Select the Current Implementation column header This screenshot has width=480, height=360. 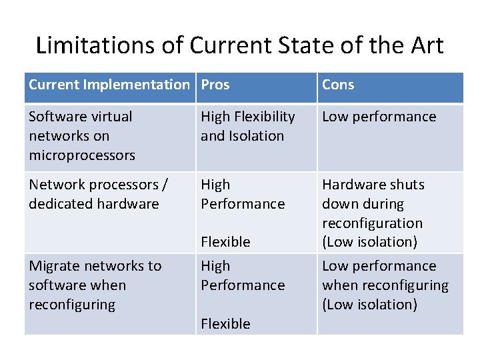click(109, 85)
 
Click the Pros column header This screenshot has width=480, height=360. click(215, 85)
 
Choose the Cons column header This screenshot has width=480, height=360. click(338, 85)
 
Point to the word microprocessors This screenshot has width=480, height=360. click(82, 155)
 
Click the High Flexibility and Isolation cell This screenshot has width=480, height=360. click(248, 126)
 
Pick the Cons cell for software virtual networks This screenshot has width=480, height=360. click(379, 117)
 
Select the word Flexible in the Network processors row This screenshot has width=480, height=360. click(225, 242)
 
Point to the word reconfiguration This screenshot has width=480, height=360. click(372, 223)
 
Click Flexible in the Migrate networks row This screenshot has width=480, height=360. click(225, 324)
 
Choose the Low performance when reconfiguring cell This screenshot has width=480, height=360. click(385, 285)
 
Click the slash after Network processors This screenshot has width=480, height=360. click(165, 185)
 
